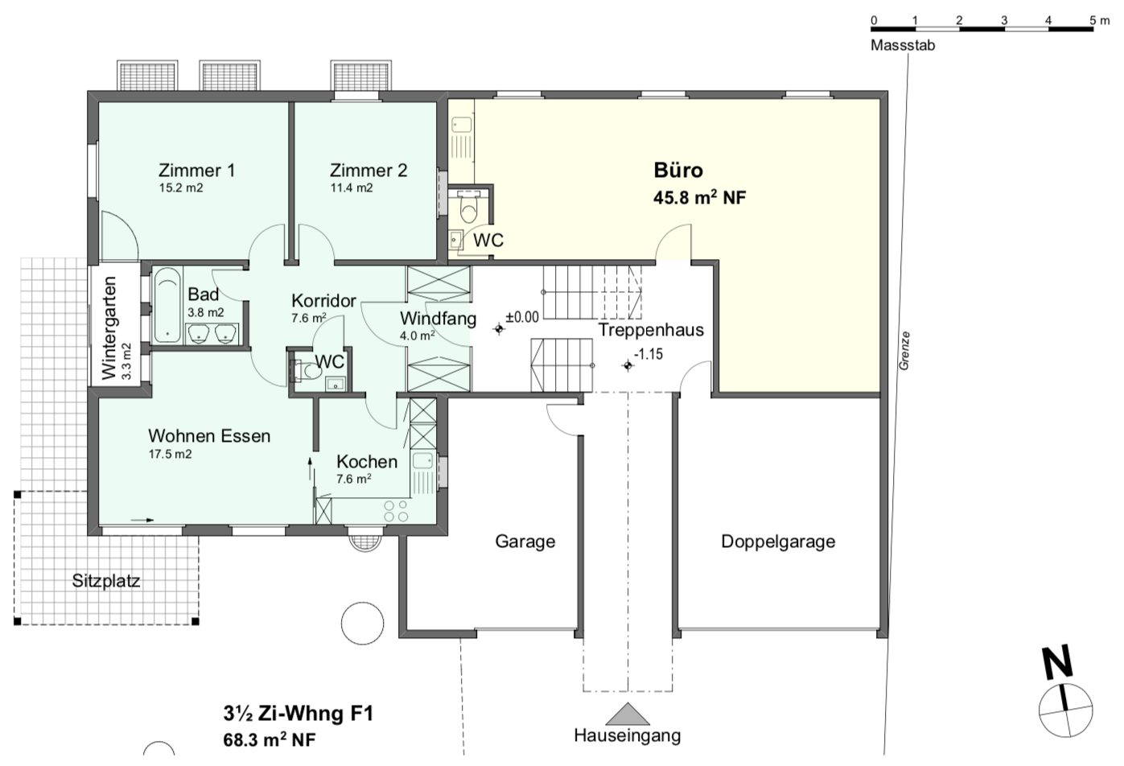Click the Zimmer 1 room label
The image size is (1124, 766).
point(196,170)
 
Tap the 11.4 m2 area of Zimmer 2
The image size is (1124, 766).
point(352,188)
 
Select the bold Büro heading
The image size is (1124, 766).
point(678,170)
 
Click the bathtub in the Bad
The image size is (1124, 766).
point(167,305)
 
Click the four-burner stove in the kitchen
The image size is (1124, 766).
point(396,511)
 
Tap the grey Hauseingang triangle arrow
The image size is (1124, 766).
point(628,714)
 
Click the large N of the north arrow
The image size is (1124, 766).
point(1057,663)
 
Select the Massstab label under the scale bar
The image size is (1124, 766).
point(903,45)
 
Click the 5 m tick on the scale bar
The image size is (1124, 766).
point(1093,29)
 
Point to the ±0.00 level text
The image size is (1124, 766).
point(522,317)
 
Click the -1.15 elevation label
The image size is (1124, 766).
point(648,354)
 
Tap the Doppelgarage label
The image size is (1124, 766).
point(778,542)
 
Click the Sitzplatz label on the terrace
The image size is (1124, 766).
point(106,581)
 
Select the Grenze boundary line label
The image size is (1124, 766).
point(904,351)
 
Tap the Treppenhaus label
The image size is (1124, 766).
point(651,330)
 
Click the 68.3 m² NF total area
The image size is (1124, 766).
point(270,740)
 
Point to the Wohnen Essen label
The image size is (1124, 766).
point(209,436)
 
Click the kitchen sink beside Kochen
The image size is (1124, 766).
point(423,460)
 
